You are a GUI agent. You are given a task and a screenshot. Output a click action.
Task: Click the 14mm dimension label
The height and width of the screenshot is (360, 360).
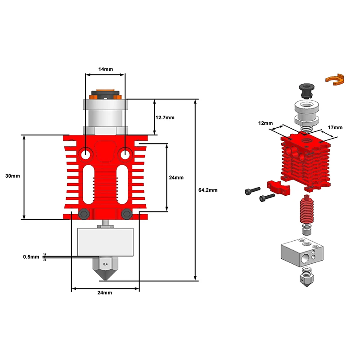(106, 69)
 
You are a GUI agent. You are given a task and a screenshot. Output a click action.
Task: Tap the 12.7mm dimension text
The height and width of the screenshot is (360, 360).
(165, 117)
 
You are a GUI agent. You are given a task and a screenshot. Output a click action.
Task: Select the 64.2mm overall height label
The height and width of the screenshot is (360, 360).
(208, 190)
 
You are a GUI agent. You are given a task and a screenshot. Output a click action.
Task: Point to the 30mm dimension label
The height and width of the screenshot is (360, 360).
(13, 176)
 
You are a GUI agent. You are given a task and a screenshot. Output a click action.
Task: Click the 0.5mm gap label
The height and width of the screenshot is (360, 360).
(31, 256)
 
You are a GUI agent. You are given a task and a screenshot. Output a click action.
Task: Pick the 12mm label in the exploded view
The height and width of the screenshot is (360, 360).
(265, 123)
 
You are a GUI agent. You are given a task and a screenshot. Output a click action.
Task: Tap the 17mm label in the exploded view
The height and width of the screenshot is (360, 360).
(335, 127)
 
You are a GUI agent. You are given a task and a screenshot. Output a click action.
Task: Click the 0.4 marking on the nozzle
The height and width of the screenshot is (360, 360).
(105, 264)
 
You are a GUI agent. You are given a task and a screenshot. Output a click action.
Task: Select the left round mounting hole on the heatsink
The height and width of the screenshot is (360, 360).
(85, 154)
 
